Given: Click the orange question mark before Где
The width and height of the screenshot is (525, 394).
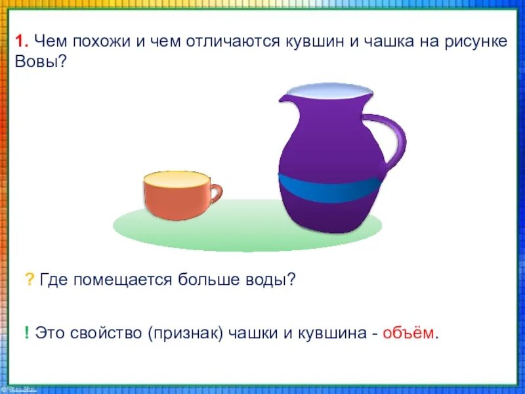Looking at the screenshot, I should pos(30,280).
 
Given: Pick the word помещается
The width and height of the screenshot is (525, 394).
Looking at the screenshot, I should pos(123,280).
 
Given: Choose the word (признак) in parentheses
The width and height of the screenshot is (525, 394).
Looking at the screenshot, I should pos(188,333).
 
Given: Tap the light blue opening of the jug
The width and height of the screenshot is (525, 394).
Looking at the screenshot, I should pos(322,91).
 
